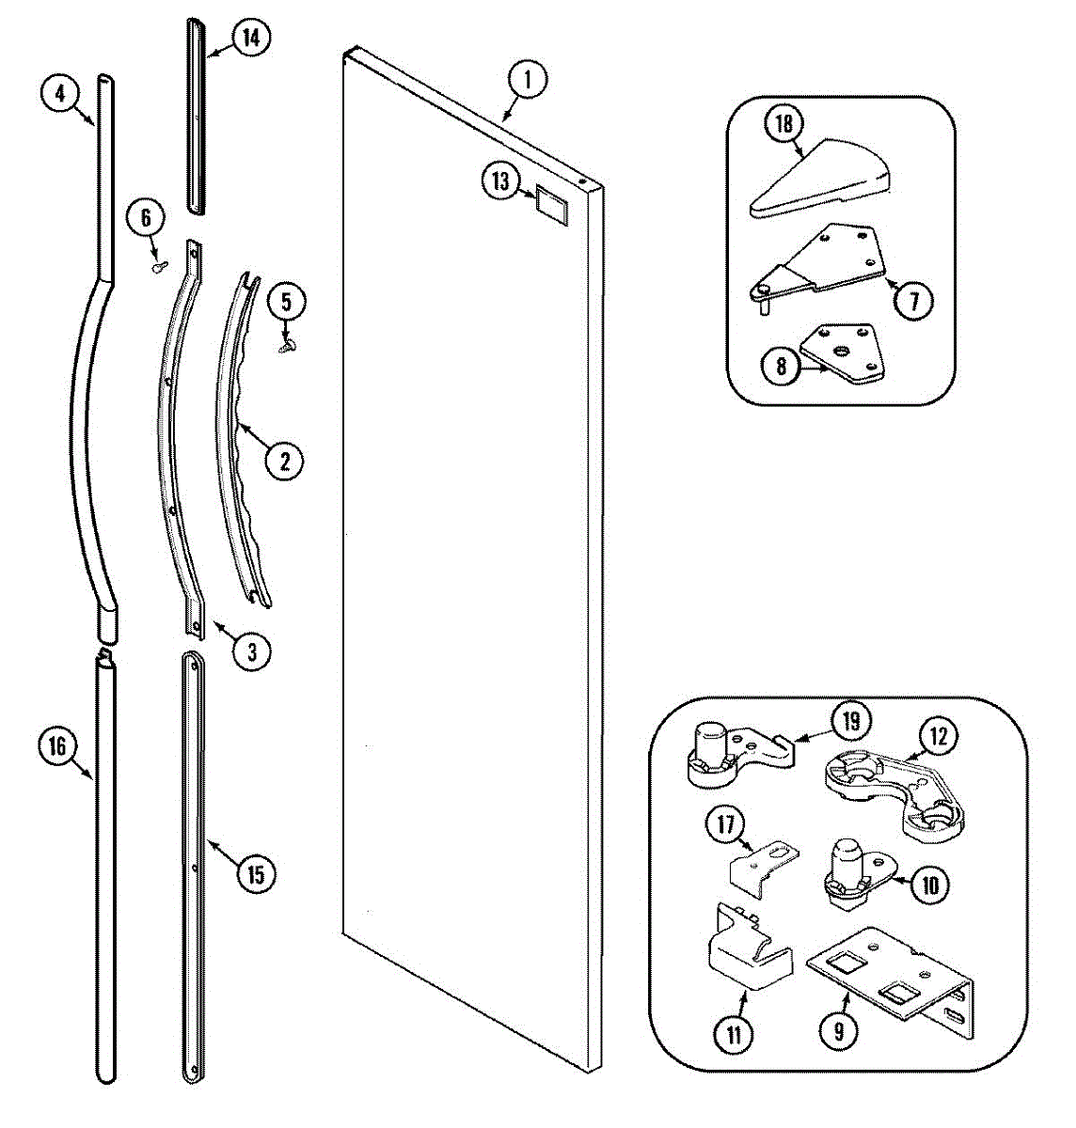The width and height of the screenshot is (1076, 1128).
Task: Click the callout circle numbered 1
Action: click(x=528, y=80)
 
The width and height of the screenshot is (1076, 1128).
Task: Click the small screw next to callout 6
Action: click(x=158, y=267)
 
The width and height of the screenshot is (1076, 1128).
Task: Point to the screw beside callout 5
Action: click(x=286, y=347)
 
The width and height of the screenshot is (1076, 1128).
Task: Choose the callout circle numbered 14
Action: click(x=249, y=39)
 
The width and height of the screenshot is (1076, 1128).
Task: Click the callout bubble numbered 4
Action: click(x=59, y=93)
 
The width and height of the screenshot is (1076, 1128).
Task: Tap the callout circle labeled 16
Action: click(x=57, y=746)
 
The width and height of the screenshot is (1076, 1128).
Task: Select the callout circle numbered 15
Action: click(x=254, y=874)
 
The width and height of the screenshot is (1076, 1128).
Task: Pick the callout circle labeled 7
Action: click(x=913, y=300)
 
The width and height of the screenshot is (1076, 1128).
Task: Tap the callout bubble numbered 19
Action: click(x=851, y=721)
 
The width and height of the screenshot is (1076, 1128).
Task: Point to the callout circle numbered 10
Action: click(x=929, y=884)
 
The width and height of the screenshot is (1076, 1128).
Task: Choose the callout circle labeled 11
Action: click(x=734, y=1035)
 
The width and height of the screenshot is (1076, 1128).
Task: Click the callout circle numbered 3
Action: click(x=251, y=650)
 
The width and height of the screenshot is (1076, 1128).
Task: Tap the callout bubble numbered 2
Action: click(x=284, y=460)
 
